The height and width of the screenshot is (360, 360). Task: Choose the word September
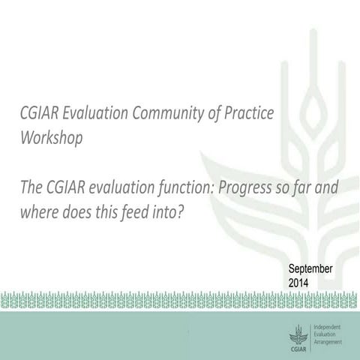tap(311, 270)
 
